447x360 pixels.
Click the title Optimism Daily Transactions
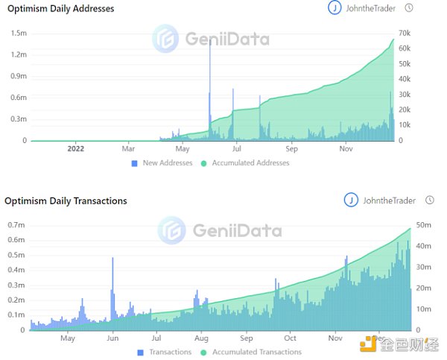click(x=66, y=200)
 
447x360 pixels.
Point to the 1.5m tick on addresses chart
click(x=18, y=34)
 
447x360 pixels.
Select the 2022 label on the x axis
click(x=75, y=148)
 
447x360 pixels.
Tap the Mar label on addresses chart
click(x=128, y=148)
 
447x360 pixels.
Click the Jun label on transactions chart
click(x=112, y=338)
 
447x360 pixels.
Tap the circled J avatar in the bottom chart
click(x=350, y=200)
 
